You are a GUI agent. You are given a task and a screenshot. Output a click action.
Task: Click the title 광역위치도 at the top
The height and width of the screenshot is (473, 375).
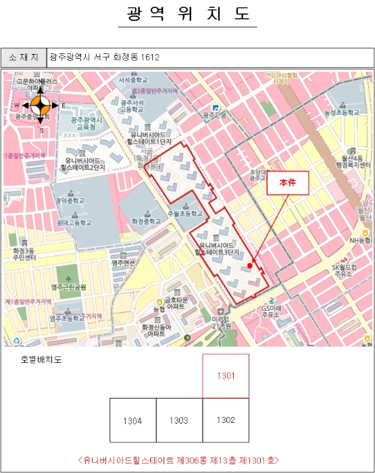(x=187, y=14)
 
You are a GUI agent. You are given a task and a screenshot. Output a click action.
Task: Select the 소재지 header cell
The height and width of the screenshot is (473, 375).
(x=23, y=57)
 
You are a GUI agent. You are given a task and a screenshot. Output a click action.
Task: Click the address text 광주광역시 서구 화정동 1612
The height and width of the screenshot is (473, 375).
(x=104, y=57)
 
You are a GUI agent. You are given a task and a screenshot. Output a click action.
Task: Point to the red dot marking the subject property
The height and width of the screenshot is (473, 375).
(x=250, y=266)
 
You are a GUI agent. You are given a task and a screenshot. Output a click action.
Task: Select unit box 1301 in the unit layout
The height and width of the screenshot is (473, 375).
(x=226, y=376)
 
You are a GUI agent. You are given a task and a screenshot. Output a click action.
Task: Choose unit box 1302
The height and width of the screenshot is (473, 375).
(x=226, y=420)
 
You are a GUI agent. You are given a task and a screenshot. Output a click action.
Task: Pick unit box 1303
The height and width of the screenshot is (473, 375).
(x=179, y=420)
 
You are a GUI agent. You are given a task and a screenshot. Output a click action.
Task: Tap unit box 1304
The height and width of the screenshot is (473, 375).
(x=132, y=420)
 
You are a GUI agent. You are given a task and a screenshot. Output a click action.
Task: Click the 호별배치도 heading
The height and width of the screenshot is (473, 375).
(x=41, y=359)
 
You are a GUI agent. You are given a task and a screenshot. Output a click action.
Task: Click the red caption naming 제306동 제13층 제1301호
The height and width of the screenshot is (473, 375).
(x=178, y=459)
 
